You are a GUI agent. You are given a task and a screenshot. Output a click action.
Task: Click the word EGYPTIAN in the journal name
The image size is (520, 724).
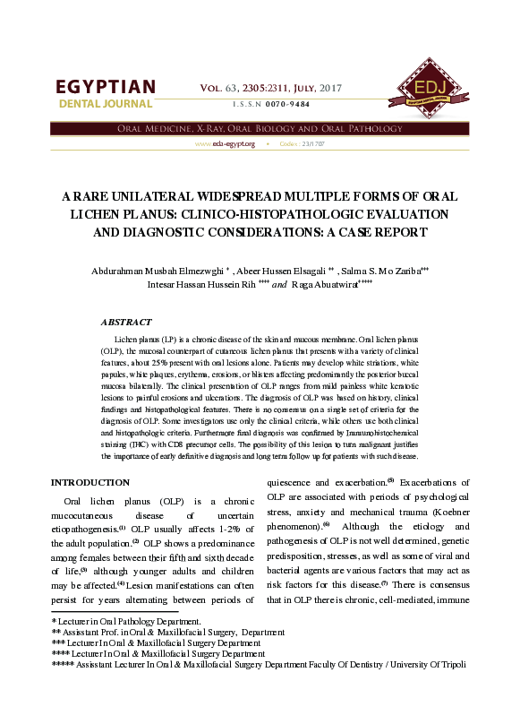click(x=106, y=87)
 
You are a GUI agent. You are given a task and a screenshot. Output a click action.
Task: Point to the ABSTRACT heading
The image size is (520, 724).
click(x=126, y=321)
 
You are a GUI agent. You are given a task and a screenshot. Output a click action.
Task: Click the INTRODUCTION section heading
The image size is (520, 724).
click(x=90, y=482)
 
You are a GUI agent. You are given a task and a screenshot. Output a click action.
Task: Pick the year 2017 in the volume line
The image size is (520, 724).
click(x=328, y=88)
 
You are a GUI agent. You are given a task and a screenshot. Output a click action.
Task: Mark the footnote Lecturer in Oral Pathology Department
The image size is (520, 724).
click(x=129, y=619)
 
